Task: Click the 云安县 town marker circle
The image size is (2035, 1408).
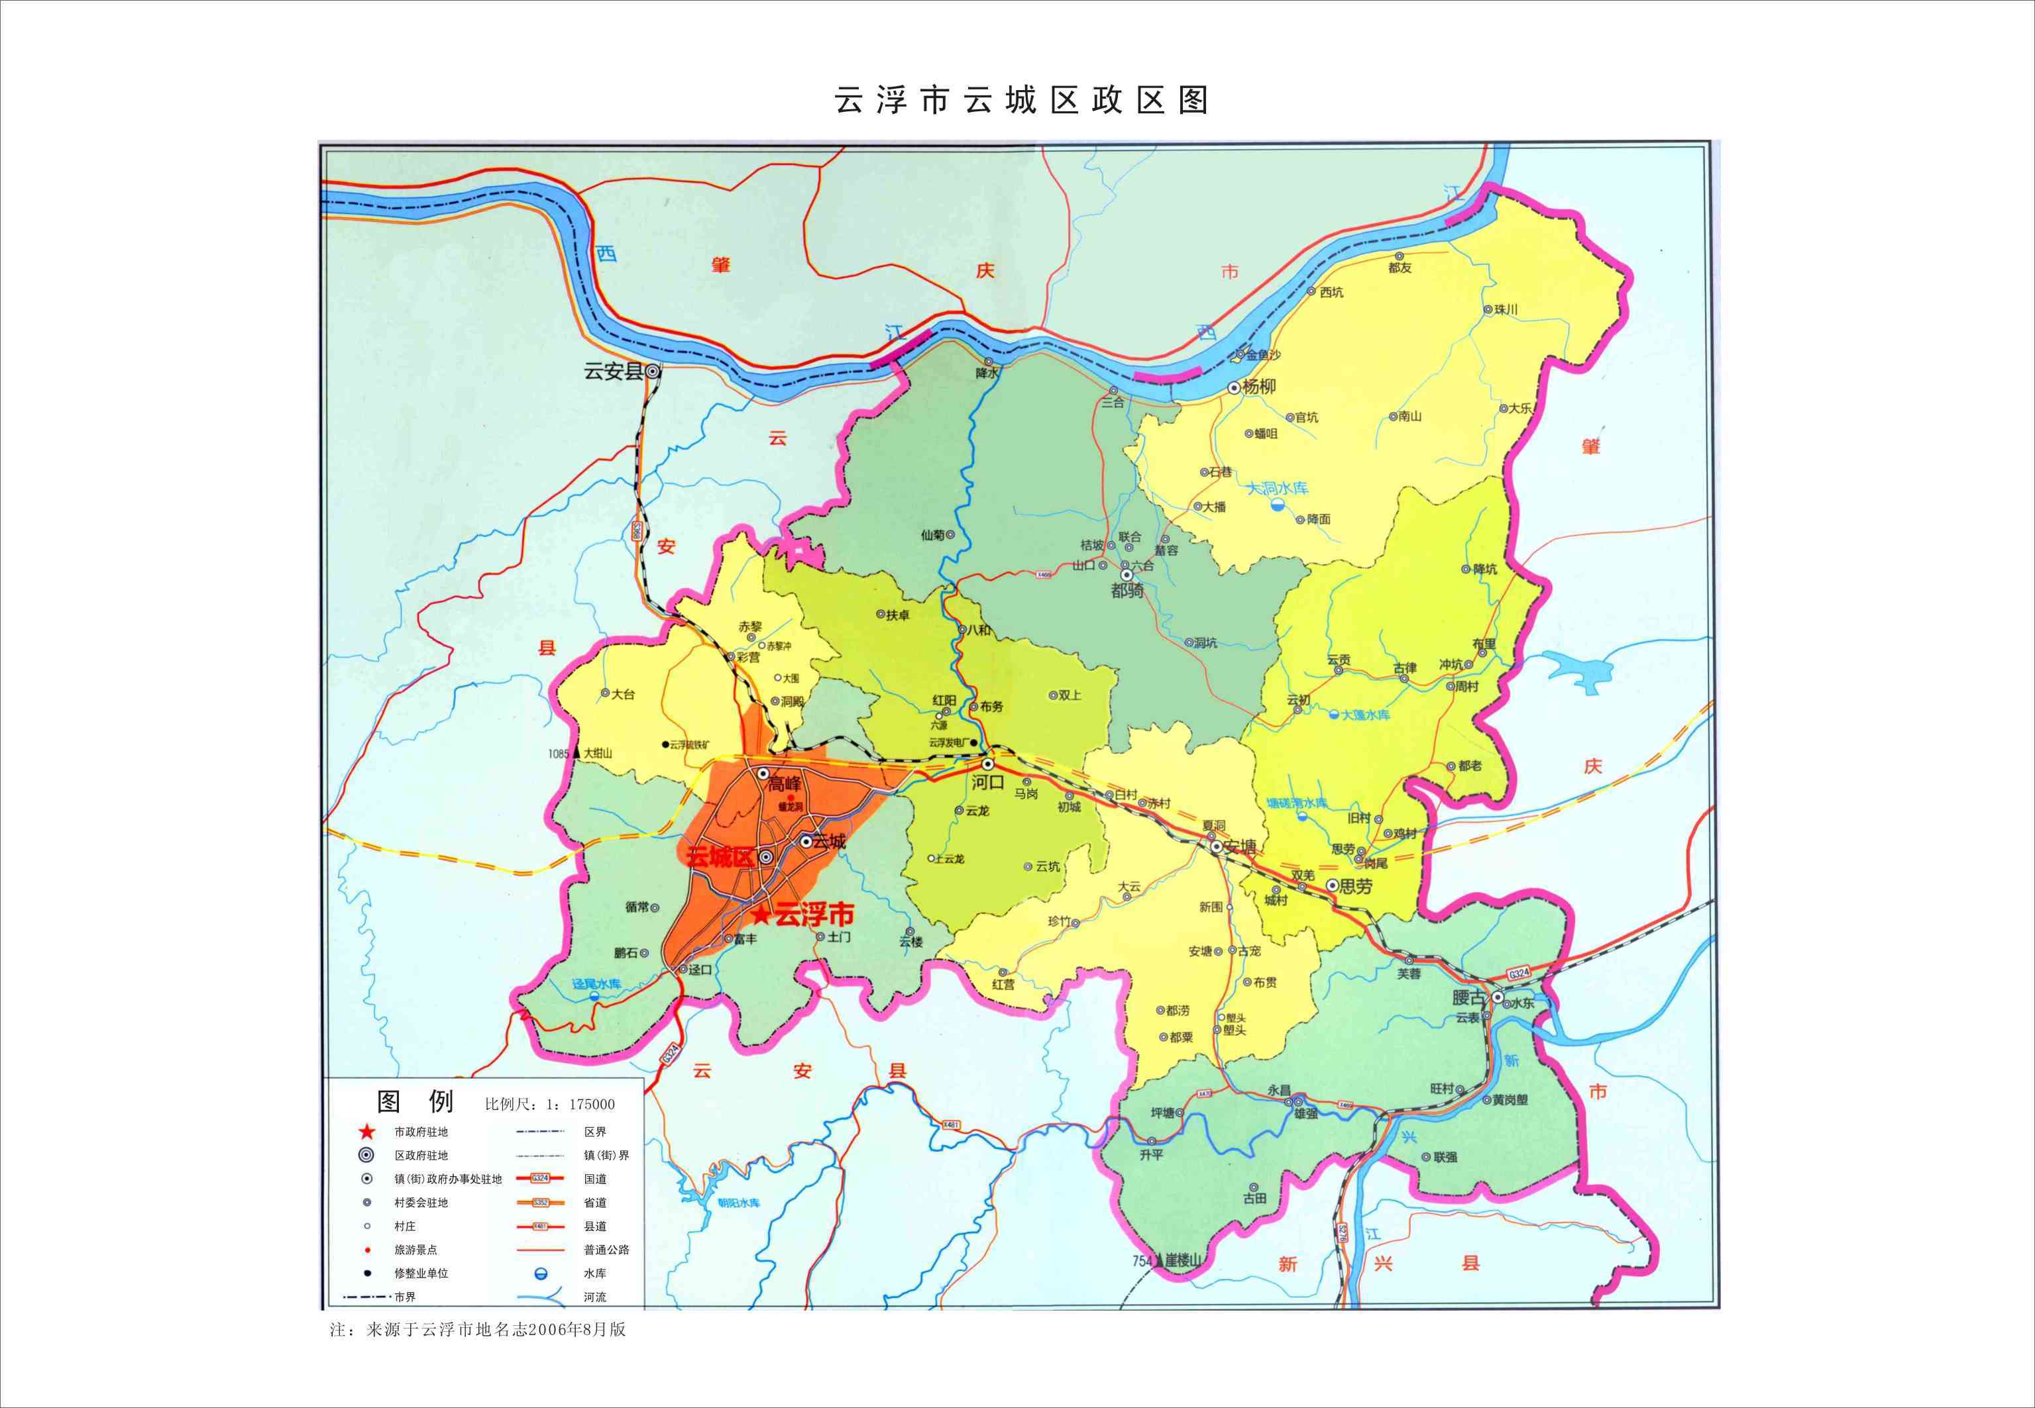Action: click(652, 372)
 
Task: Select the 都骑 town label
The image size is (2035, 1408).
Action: click(1127, 590)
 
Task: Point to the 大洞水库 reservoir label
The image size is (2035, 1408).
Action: click(1277, 488)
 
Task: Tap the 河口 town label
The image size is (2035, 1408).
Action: click(989, 781)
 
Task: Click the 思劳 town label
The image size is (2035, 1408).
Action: click(1356, 885)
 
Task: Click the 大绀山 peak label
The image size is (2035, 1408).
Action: click(598, 754)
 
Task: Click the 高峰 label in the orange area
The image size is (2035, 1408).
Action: click(783, 783)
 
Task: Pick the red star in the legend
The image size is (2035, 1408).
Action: click(367, 1132)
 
